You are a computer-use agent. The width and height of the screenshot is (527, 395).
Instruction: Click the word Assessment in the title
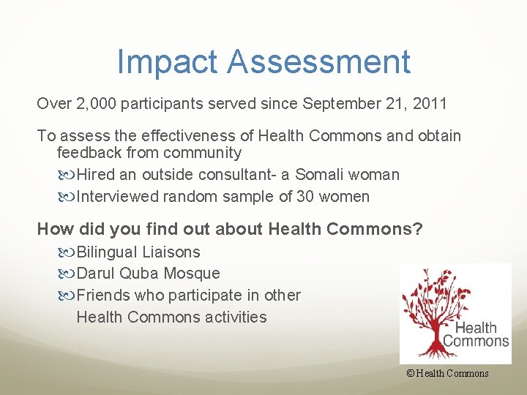318,62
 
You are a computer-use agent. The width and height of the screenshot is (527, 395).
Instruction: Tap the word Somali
321,175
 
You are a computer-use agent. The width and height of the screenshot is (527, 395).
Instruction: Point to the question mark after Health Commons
418,230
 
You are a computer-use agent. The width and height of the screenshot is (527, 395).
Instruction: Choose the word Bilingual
107,252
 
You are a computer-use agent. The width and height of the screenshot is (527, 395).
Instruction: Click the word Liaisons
171,252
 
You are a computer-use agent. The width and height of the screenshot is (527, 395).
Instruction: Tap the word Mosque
193,274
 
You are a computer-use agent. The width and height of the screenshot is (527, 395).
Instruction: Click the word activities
236,317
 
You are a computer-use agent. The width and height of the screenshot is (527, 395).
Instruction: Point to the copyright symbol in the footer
411,374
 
